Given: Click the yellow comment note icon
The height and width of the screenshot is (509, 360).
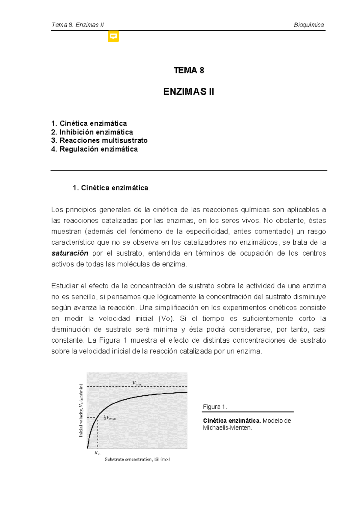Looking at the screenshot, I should [113, 36].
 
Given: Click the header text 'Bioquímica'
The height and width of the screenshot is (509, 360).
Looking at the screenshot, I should [309, 25].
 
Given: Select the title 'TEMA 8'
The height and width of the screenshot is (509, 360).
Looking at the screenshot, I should [189, 70].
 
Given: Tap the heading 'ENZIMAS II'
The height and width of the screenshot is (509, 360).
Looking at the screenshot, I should [189, 92].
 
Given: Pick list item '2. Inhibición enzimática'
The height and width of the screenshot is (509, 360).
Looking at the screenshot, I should [92, 132].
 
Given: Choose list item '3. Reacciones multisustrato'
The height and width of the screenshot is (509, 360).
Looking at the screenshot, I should [99, 140].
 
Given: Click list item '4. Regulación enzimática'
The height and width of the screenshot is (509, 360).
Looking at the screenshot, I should [94, 149].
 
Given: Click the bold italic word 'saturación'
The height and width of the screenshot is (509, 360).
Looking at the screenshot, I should [70, 253].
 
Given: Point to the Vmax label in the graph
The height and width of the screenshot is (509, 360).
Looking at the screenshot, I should [137, 383].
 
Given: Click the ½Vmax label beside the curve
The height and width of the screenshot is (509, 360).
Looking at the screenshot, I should [110, 417].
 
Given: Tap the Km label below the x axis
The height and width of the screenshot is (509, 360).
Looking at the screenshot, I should [97, 453].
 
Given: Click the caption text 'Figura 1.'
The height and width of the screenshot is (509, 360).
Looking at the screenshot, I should [215, 407].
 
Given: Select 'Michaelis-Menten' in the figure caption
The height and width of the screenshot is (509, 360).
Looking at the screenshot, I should [227, 428].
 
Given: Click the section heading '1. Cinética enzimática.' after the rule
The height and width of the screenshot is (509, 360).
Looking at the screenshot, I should [111, 188].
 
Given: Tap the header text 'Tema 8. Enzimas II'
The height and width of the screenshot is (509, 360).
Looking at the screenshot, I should [77, 25].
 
